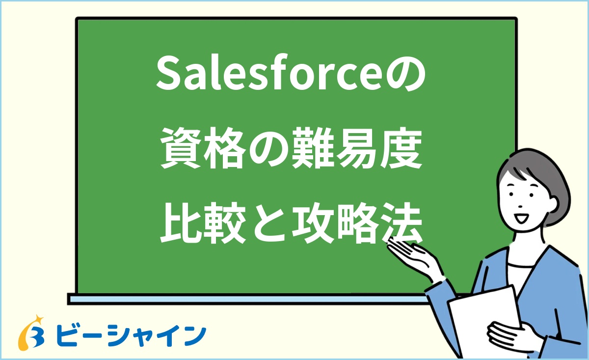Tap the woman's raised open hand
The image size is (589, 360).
(x=412, y=255)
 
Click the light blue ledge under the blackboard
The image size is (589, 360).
(x=245, y=298)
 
